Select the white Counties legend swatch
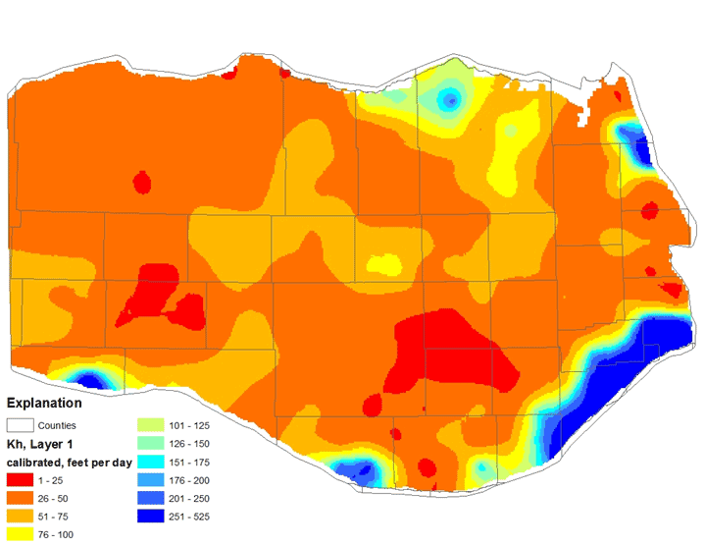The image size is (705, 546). click(x=20, y=425)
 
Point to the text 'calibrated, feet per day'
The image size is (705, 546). click(x=66, y=462)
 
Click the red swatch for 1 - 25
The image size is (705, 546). click(x=20, y=479)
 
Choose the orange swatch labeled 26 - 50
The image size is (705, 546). click(x=20, y=498)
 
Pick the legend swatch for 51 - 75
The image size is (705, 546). click(x=20, y=516)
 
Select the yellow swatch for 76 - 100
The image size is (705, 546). click(x=20, y=534)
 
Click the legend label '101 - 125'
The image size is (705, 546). click(x=189, y=425)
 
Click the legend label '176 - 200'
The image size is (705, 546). click(x=189, y=479)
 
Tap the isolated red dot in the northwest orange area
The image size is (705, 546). click(x=141, y=182)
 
